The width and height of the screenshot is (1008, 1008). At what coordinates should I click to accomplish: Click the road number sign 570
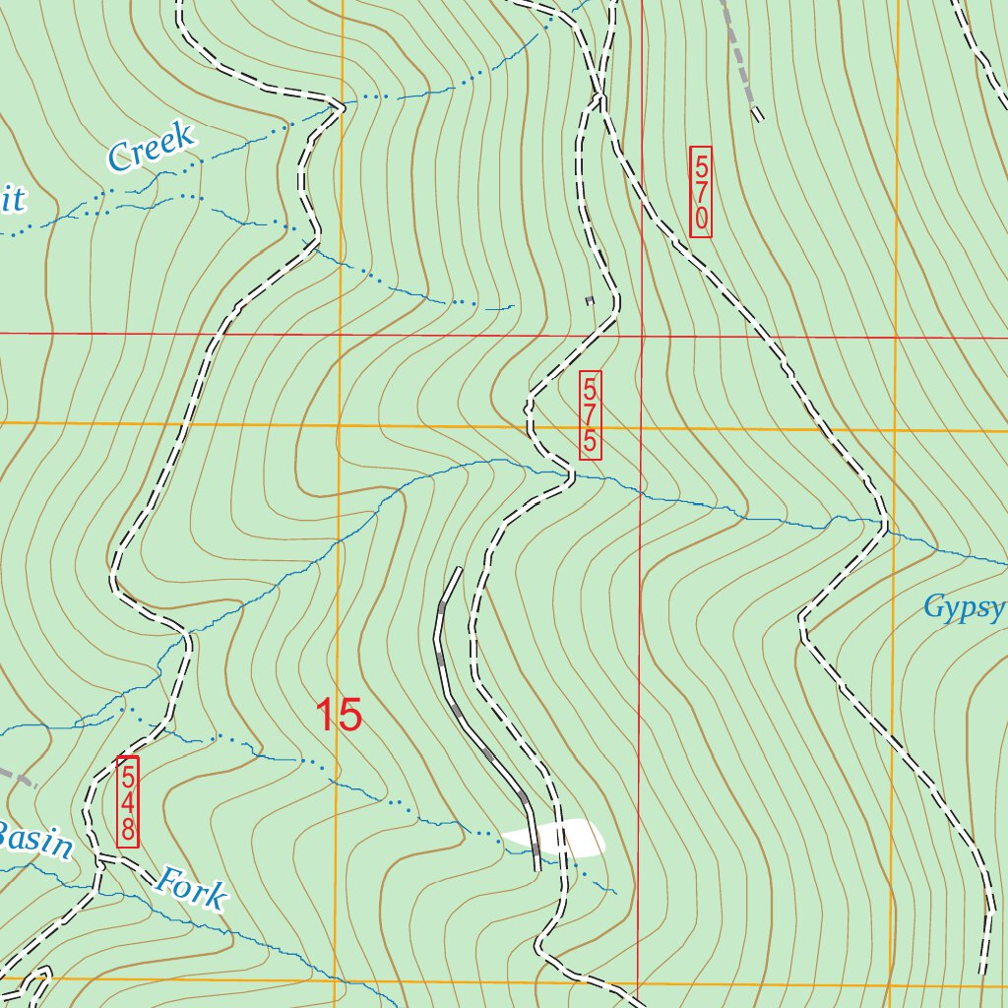click(701, 192)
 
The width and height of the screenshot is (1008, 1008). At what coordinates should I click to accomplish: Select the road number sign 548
click(128, 801)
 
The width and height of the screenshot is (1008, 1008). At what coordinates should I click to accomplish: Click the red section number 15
click(339, 715)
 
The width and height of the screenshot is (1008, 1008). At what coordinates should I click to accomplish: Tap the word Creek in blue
click(151, 148)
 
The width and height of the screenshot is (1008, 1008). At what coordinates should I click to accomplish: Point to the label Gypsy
click(963, 607)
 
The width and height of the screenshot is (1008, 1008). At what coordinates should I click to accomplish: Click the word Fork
click(191, 887)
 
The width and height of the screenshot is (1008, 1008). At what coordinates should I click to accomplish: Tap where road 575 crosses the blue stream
click(571, 476)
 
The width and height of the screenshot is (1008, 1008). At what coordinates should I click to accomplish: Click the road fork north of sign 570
click(598, 96)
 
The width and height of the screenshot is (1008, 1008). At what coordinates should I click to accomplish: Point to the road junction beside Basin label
click(98, 859)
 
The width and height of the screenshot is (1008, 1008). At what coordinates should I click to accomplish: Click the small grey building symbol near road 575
click(590, 300)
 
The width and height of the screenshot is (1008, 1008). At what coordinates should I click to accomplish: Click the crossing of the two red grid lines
click(641, 336)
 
